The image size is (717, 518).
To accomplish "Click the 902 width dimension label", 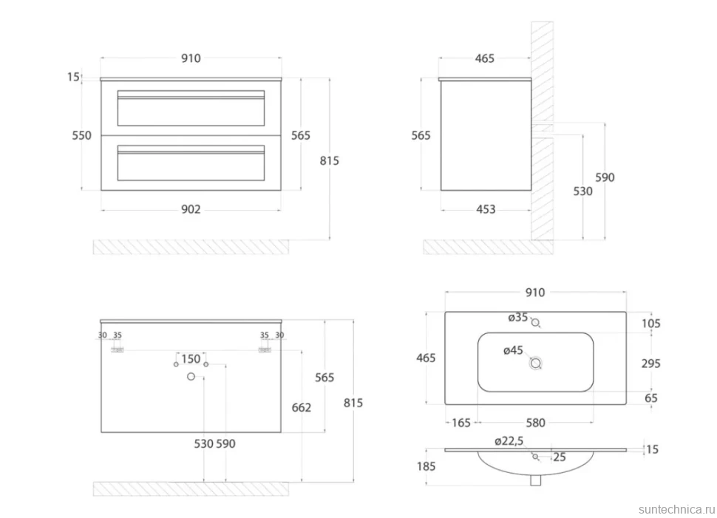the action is coord(191,209).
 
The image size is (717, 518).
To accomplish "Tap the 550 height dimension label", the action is coord(81,135).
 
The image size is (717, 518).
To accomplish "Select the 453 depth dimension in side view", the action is coord(486,209).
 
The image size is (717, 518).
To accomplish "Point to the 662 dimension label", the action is coord(302,407).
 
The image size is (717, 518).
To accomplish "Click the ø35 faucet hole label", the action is coord(518,317).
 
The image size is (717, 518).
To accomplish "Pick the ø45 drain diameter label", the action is coord(513,350).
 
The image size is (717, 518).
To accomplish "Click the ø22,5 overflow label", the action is coord(509,440).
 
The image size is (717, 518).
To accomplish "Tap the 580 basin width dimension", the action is coord(535,423).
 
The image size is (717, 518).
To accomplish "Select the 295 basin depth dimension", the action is coord(650,364).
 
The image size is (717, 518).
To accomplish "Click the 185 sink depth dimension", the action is coord(427,466).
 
